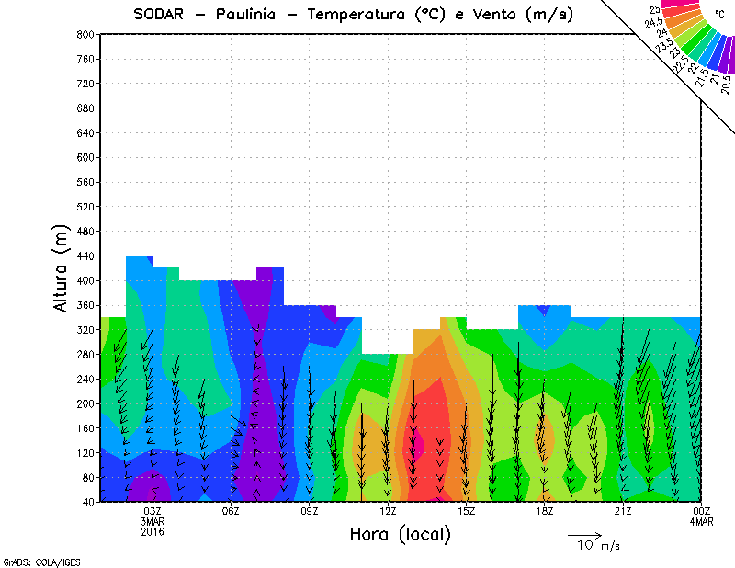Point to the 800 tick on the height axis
pos(85,34)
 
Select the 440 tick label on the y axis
pos(85,256)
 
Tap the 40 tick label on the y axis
pos(87,502)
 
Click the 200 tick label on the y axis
pos(85,403)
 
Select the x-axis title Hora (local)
pos(401,535)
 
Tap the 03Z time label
pos(153,511)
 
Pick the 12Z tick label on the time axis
pos(388,511)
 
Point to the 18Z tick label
pos(544,511)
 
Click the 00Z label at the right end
pos(701,511)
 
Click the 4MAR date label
pos(701,521)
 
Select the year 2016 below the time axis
pos(153,531)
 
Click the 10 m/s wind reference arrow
pos(584,534)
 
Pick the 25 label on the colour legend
pos(655,9)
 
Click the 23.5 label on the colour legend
pos(664,44)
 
